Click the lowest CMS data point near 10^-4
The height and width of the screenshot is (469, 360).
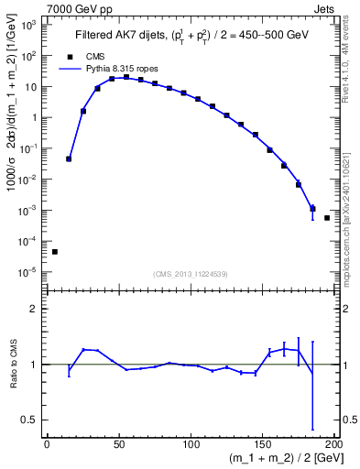coord(54,251)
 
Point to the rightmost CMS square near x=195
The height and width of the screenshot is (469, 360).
coord(327,218)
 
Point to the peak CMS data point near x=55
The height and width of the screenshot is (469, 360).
coord(126,78)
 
